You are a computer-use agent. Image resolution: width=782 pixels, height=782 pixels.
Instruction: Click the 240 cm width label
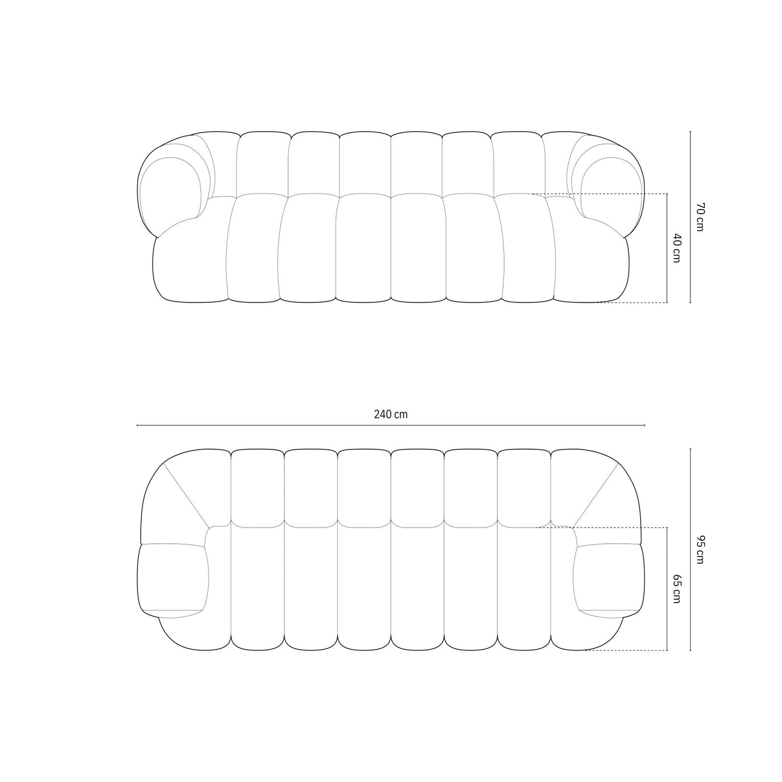(x=390, y=414)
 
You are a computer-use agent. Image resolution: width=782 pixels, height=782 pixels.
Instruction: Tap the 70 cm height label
(x=700, y=217)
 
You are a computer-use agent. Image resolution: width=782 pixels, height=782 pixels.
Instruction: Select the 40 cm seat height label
(x=676, y=248)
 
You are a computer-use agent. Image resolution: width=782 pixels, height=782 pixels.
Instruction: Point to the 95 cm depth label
(x=700, y=549)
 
